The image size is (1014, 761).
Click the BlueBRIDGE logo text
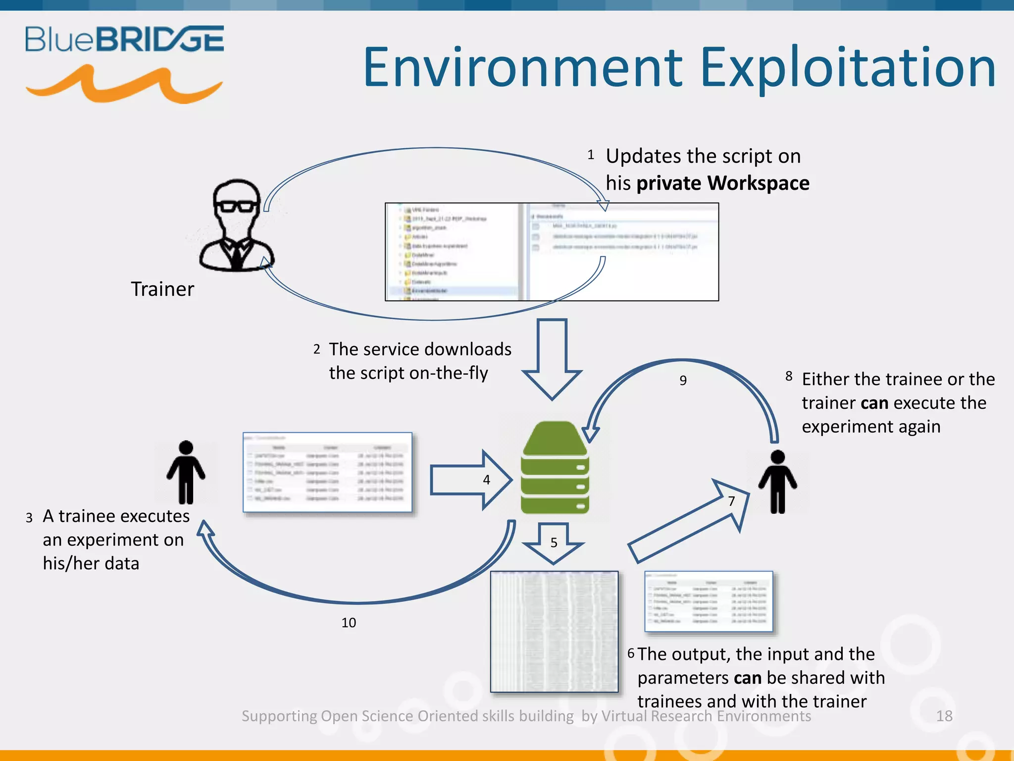pos(125,39)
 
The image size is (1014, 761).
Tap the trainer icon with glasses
pos(237,225)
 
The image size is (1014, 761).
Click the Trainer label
pos(162,289)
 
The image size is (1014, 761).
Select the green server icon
pos(555,468)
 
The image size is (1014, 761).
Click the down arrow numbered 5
pos(554,543)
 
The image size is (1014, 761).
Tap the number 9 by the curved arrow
pos(683,380)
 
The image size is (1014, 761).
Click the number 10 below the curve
pos(349,623)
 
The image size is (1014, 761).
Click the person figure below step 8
pos(778,482)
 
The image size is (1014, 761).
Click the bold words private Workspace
pos(723,183)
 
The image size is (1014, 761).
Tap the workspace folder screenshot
pos(552,252)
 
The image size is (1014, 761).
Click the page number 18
pos(944,716)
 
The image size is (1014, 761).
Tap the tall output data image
pos(554,632)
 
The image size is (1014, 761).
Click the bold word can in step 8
pos(874,403)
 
